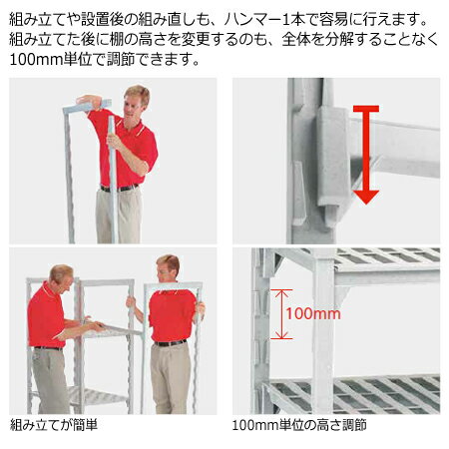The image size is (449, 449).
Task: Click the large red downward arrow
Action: (366, 160)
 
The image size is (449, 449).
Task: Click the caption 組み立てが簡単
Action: (54, 425)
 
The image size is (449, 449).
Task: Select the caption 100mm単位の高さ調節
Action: (298, 425)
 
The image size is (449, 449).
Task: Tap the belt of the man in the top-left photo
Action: (120, 188)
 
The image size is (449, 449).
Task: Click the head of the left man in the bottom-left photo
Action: (60, 276)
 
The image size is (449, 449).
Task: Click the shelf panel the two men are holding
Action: (110, 329)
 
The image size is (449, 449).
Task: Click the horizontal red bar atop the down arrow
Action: (365, 109)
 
